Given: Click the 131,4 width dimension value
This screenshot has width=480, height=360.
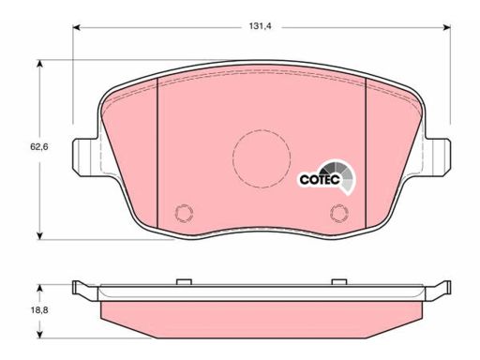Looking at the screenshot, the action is tap(261, 26).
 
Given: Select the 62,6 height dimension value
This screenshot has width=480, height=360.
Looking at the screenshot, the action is tap(39, 146).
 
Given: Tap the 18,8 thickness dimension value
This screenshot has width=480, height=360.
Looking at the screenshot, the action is tap(39, 310).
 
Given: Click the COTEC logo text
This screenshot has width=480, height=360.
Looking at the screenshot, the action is tap(320, 179).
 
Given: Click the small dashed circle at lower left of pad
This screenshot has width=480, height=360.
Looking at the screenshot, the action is tap(184, 213).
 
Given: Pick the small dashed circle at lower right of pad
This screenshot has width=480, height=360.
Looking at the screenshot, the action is tap(339, 213).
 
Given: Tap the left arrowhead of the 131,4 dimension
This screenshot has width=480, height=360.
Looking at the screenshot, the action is tap(77, 28).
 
